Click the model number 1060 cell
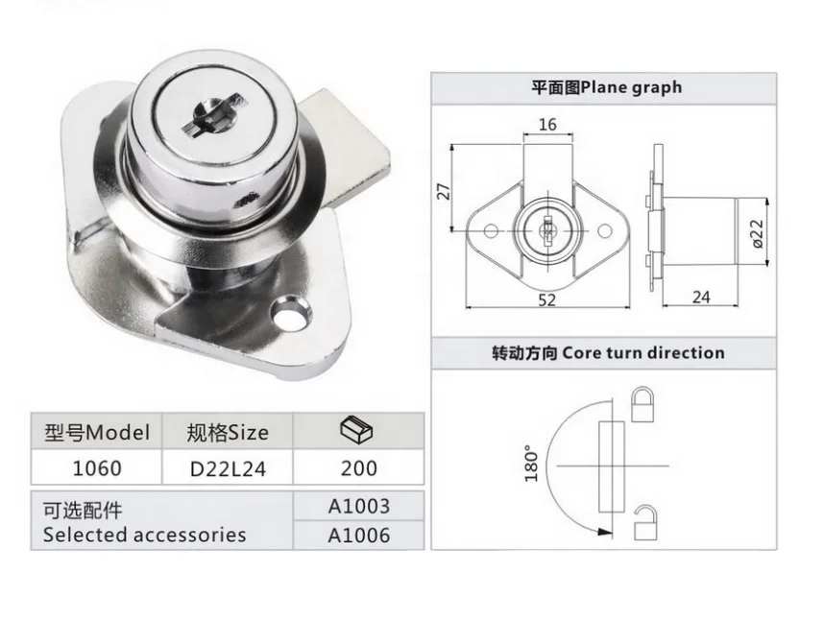[x=97, y=468]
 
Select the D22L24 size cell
[x=228, y=468]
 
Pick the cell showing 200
[x=358, y=468]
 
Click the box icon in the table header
[x=357, y=431]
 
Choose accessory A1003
[x=358, y=506]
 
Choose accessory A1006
[x=358, y=535]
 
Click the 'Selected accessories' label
[x=144, y=535]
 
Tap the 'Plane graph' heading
[x=606, y=87]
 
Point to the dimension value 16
[x=547, y=125]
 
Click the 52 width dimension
[x=546, y=299]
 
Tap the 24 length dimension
[x=701, y=297]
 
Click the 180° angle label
[x=531, y=463]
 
